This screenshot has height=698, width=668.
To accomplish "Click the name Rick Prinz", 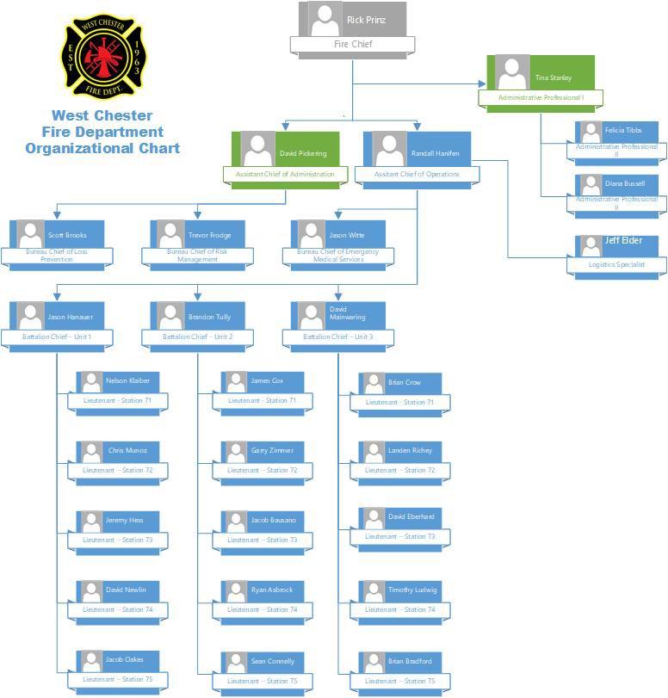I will coord(366,20).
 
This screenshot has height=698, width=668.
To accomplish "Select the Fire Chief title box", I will coord(353,44).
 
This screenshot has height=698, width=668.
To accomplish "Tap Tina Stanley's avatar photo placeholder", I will coord(513,73).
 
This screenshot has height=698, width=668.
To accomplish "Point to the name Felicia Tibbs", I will coord(622,130).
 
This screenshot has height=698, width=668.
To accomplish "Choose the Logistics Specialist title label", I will coord(617,264).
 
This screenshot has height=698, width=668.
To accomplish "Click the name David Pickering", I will coord(303,153).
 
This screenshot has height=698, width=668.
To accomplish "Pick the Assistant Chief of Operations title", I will coord(417,174).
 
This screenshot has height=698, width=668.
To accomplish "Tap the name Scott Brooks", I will coord(67,235).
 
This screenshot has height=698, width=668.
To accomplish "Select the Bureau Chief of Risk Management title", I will coord(198,256).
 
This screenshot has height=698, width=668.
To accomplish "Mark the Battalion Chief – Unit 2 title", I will coord(198,337).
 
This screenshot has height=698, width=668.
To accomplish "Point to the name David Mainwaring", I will coord(338,313).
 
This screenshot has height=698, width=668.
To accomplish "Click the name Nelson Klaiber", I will coord(127,380).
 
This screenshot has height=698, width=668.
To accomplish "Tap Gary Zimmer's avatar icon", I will coord(235,453).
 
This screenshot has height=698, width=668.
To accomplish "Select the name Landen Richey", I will coord(410,450).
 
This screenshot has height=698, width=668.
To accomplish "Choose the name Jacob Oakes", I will coord(125,659).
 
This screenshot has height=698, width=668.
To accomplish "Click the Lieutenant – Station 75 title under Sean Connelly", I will coord(263,681).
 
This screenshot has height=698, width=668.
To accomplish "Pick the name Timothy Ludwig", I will coord(412,590).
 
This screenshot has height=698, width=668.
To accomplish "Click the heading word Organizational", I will coord(73,148).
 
